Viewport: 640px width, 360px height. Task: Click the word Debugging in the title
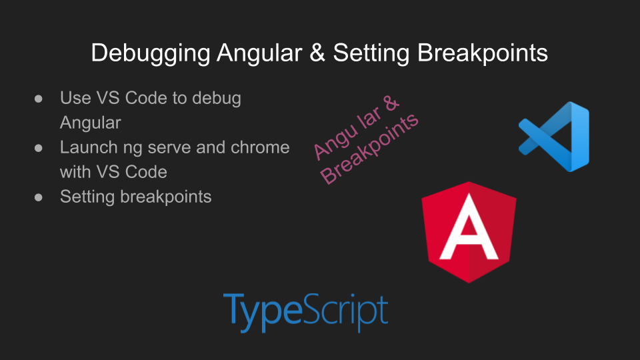(x=150, y=53)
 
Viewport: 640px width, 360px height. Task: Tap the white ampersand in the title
(x=317, y=53)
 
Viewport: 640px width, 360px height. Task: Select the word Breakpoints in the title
(x=483, y=53)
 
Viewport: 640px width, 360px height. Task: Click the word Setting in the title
(x=371, y=53)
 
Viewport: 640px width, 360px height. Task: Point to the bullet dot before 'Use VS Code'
(x=39, y=99)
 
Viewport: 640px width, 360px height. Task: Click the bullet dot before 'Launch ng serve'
(x=39, y=148)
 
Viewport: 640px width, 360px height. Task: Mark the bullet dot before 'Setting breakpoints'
(x=39, y=197)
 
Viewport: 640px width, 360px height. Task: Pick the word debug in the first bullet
(x=217, y=99)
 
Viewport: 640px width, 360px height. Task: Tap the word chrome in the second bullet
(x=260, y=147)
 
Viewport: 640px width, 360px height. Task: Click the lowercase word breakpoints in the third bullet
(x=166, y=197)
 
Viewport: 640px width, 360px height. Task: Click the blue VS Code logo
(x=554, y=137)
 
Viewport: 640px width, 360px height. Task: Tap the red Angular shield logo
(x=469, y=232)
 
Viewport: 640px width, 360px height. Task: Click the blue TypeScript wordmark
(x=305, y=312)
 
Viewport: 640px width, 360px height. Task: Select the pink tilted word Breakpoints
(x=369, y=149)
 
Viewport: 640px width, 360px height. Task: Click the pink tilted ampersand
(x=391, y=103)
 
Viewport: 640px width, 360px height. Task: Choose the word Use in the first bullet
(x=75, y=99)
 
